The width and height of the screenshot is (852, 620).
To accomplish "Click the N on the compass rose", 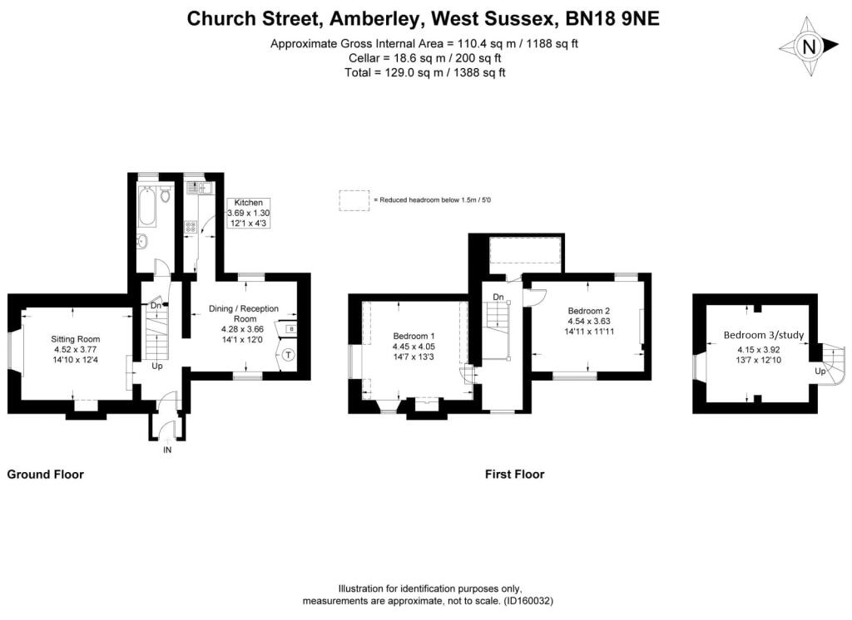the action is coord(809,47).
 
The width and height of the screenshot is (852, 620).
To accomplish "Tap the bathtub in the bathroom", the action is coord(147,207).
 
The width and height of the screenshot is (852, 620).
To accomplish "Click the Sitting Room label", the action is coord(76,339).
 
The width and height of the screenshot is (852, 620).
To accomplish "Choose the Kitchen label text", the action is coord(248,203).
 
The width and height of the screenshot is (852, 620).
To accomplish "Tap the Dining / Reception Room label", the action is coord(244,313).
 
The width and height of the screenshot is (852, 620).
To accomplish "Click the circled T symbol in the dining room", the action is coord(289,355).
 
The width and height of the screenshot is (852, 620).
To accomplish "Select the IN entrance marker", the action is coord(167,450).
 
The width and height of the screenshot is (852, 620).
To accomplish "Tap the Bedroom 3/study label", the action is coord(764,336).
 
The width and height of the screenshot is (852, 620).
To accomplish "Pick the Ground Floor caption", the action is coord(46,475).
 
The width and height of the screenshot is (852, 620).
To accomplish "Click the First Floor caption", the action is coord(514,475).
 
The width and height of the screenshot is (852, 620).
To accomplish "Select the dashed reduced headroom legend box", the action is coord(354,200).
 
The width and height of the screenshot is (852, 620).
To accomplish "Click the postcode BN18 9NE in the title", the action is coord(612,18).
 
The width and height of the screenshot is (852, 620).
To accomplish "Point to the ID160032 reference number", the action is coord(528,601).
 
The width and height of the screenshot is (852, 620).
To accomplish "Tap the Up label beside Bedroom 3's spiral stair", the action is coord(820,372).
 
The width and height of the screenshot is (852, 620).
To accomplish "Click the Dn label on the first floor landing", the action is coord(498,297).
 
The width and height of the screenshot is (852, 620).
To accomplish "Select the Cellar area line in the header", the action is coord(425,58).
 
